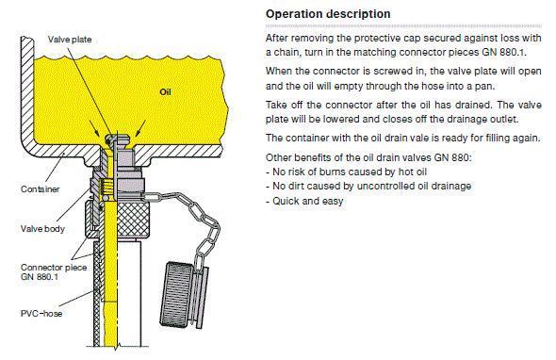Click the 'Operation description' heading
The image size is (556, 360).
coord(328,14)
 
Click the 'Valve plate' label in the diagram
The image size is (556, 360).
coord(70,40)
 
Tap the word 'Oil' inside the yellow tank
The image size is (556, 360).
coord(165,92)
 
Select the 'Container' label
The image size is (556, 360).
coord(41,189)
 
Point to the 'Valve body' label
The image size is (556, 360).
coord(42,229)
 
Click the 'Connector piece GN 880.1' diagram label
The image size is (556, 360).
coord(54,272)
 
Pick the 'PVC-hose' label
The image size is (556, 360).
coord(41,314)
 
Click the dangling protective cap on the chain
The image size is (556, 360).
coord(184,295)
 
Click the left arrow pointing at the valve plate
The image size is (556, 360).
coord(94,128)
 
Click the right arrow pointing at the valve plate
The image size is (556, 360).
coord(140,128)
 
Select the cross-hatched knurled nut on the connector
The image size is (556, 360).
coord(133,220)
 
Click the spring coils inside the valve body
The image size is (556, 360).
coord(107,187)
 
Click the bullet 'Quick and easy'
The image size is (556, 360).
coord(304,201)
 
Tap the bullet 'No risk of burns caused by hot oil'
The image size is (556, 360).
coord(346,172)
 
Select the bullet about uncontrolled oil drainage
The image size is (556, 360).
coord(368,187)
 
